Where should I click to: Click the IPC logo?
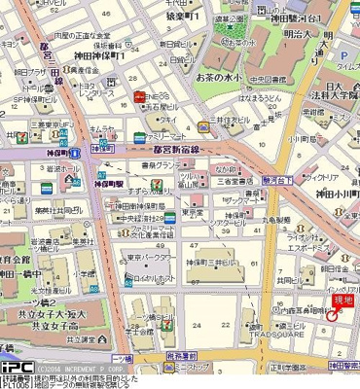(17, 368)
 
